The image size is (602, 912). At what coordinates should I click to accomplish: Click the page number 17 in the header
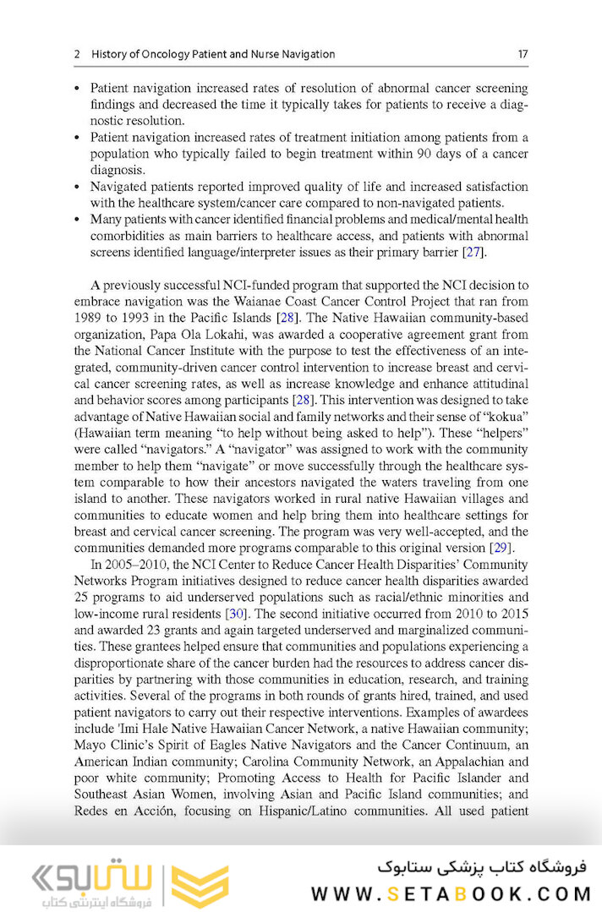click(523, 54)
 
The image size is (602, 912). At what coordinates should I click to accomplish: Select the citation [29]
click(501, 548)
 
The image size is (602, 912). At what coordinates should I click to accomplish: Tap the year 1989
click(89, 318)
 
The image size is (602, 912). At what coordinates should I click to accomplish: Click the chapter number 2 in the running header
click(77, 54)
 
